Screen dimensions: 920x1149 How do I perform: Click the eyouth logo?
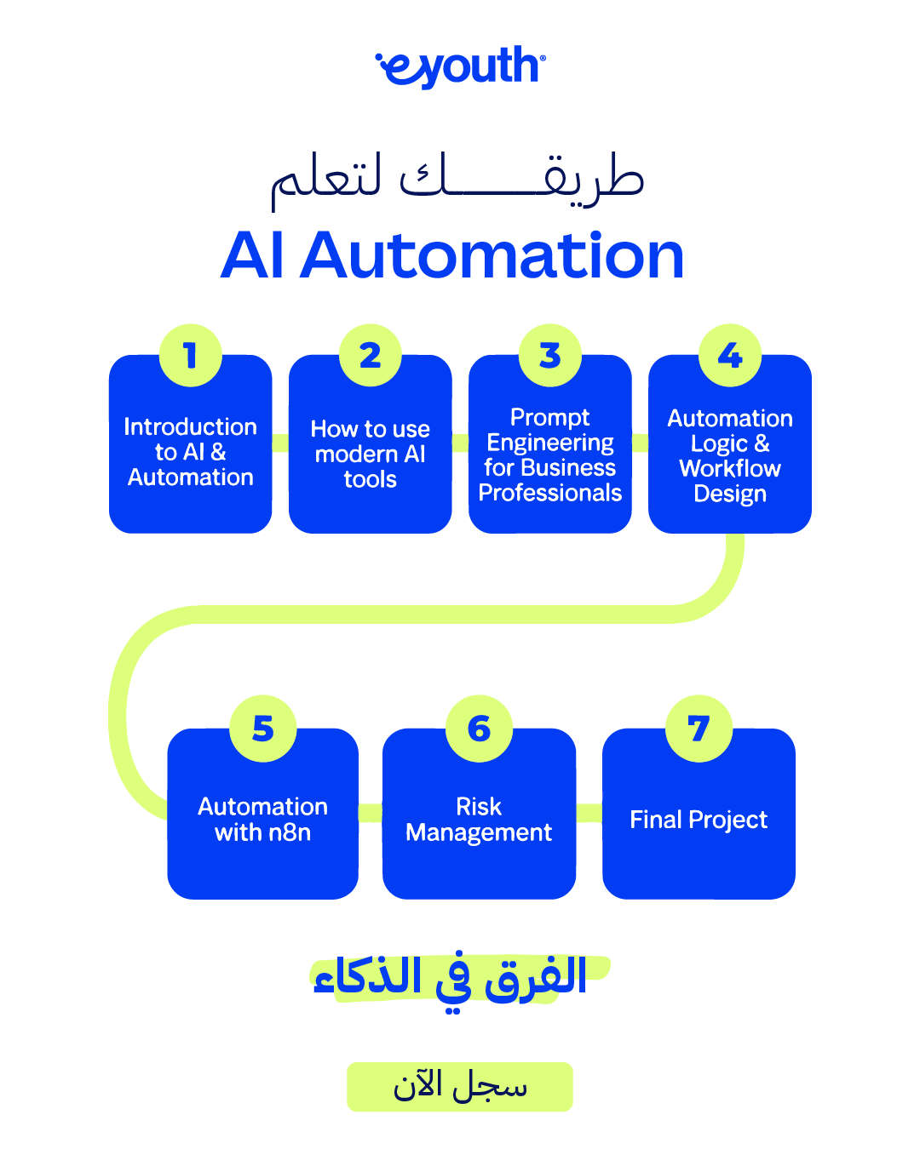[x=460, y=66]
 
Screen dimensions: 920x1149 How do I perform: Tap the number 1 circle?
[x=190, y=355]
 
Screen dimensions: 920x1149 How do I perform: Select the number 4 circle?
[x=730, y=355]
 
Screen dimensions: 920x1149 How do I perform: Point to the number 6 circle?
[x=479, y=729]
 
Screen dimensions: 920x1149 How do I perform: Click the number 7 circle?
[x=699, y=729]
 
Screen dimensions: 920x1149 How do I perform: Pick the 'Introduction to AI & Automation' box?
[x=190, y=443]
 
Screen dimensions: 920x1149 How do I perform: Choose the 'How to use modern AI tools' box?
[x=370, y=443]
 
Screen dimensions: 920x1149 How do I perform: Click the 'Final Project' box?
[x=699, y=814]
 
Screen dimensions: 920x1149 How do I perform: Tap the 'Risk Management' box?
[x=479, y=814]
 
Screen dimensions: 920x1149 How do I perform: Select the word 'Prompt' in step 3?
[x=549, y=418]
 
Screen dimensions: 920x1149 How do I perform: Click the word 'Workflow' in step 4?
[x=730, y=468]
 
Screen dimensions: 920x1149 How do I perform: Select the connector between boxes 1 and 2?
[x=280, y=443]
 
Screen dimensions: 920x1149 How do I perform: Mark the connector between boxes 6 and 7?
[x=589, y=813]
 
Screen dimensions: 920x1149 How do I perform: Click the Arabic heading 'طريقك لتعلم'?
[x=457, y=180]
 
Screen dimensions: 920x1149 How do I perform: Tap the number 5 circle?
[x=262, y=729]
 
